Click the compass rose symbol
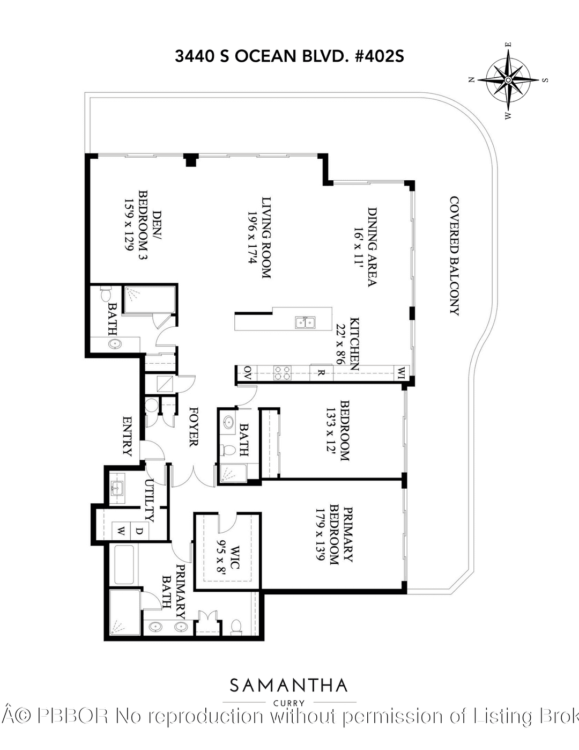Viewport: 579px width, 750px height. click(508, 80)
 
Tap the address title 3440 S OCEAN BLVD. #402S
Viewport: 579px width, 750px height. click(289, 56)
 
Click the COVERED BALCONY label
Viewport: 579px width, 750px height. click(454, 256)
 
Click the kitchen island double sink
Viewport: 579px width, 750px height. click(305, 322)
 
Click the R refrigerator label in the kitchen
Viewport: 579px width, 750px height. click(320, 372)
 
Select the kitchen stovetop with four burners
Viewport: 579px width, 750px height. click(283, 372)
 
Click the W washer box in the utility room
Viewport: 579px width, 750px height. click(121, 531)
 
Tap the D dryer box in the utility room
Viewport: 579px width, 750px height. click(138, 531)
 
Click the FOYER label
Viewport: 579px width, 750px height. click(193, 426)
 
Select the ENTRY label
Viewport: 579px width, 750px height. click(127, 436)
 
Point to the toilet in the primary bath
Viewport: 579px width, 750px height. click(236, 626)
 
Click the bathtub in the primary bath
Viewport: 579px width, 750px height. click(124, 564)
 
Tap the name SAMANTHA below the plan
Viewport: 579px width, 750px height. click(289, 685)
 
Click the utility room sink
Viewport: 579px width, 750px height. click(117, 488)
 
